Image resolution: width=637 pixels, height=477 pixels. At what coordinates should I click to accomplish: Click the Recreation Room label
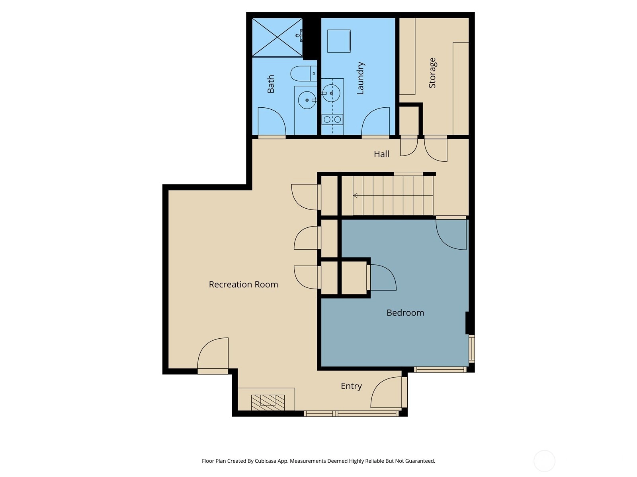(x=243, y=284)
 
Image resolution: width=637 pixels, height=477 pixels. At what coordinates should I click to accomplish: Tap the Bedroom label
(x=405, y=313)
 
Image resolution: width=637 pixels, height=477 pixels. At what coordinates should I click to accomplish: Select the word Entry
(x=351, y=386)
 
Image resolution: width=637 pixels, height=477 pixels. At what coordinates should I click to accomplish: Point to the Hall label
(x=381, y=154)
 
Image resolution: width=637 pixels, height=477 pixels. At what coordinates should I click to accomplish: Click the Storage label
(x=432, y=73)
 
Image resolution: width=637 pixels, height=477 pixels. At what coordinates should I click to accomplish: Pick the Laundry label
(x=360, y=78)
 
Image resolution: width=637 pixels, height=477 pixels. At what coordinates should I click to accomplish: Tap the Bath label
(x=270, y=84)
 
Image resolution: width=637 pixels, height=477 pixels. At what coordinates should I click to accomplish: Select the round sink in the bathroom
(x=307, y=100)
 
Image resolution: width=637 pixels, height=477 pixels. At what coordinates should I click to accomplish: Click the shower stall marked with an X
(x=277, y=37)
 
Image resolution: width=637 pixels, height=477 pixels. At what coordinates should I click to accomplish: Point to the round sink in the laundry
(x=331, y=93)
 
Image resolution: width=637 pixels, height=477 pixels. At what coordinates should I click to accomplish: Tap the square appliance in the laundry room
(x=339, y=41)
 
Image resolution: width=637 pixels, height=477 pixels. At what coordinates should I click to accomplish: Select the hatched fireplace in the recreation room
(x=268, y=402)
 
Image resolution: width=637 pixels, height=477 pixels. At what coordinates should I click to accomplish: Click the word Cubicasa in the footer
(x=265, y=461)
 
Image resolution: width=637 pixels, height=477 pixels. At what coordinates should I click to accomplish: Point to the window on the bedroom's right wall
(x=472, y=349)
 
